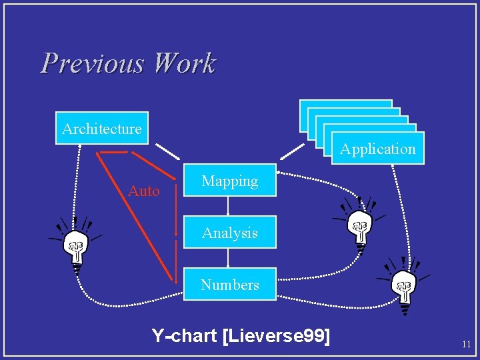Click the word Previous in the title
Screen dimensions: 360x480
point(92,64)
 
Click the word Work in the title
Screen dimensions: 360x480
point(184,64)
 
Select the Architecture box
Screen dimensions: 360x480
point(101,128)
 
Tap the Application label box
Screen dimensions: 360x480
point(377,149)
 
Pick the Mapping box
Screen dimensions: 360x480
point(229,181)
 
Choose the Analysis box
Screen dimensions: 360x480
point(229,233)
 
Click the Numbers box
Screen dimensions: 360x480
point(229,285)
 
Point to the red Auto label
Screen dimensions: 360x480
point(144,192)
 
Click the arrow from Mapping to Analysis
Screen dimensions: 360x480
point(229,206)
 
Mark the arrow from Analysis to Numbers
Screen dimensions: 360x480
point(229,258)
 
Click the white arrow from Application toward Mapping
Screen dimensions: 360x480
point(292,152)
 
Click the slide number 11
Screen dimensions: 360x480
point(466,345)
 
